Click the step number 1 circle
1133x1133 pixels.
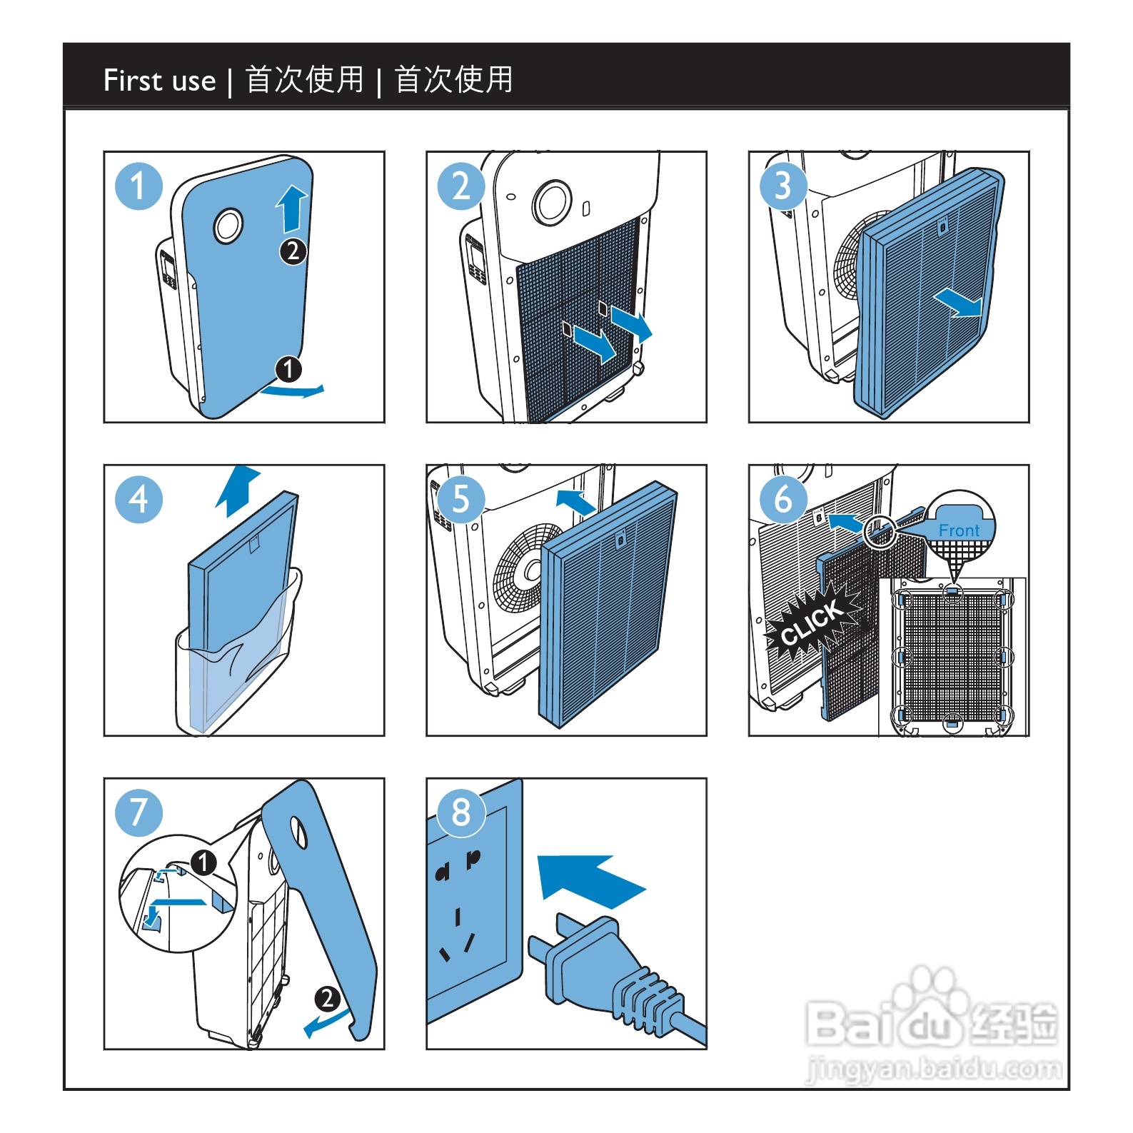(x=139, y=186)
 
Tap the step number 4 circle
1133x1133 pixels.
(x=139, y=499)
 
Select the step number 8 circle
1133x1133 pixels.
(x=461, y=812)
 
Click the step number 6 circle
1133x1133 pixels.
(x=783, y=499)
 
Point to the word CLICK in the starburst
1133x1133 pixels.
(x=812, y=623)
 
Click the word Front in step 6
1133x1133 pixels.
(x=959, y=530)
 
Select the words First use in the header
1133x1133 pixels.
(x=159, y=80)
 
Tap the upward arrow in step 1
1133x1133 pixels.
(x=291, y=208)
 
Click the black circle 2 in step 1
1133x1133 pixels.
(x=293, y=251)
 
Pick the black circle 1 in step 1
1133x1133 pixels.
(x=288, y=369)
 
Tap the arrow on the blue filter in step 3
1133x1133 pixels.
(x=958, y=303)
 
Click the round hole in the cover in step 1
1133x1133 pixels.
(x=228, y=226)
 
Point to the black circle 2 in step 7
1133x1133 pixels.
(x=327, y=998)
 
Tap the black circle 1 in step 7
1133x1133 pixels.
(x=203, y=862)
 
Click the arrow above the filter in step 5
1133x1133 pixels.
(x=575, y=501)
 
